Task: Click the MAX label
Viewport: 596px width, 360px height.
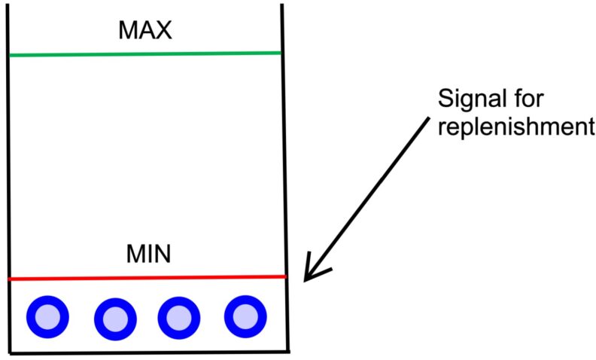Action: pyautogui.click(x=145, y=30)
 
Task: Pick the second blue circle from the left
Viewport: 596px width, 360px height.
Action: pyautogui.click(x=115, y=319)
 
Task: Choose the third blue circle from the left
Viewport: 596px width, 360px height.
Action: pyautogui.click(x=178, y=317)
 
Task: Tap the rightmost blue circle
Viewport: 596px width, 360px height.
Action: pyautogui.click(x=245, y=316)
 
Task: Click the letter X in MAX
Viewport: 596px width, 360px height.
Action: pyautogui.click(x=163, y=30)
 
